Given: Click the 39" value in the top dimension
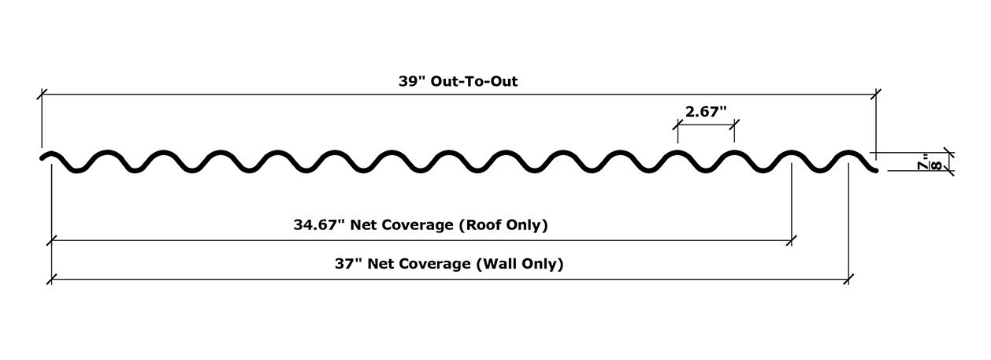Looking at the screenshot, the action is click(411, 81).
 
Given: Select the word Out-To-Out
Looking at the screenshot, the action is click(473, 81).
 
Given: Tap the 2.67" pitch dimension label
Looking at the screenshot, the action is click(706, 111).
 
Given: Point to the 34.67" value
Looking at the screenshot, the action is click(318, 225).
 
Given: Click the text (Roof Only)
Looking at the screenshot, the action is click(503, 225).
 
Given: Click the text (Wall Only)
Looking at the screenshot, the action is click(520, 264).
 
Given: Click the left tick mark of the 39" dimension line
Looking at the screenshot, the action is click(42, 95).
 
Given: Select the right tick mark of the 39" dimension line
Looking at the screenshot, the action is click(876, 95).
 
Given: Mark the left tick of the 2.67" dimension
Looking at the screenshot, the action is click(677, 125).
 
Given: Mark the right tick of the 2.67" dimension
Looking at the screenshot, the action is click(734, 125).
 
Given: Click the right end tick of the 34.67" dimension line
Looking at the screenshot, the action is click(792, 240).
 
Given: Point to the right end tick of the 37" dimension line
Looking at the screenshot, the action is click(848, 279).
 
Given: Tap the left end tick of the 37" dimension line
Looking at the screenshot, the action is click(52, 279).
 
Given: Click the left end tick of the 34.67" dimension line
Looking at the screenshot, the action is click(52, 240).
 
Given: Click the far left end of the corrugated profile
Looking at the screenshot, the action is click(41, 158).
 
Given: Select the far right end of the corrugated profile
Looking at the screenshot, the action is click(876, 171).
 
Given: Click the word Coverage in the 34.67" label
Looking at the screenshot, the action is click(418, 225).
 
